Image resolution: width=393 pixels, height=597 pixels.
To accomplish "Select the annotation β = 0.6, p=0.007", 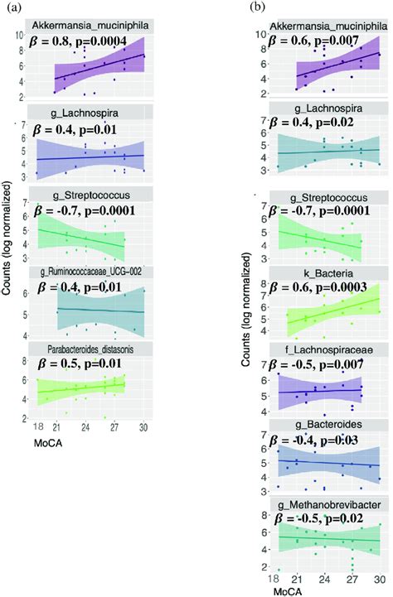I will click(x=317, y=41).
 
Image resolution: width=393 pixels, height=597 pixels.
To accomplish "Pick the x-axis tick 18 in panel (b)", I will click(x=274, y=578).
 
